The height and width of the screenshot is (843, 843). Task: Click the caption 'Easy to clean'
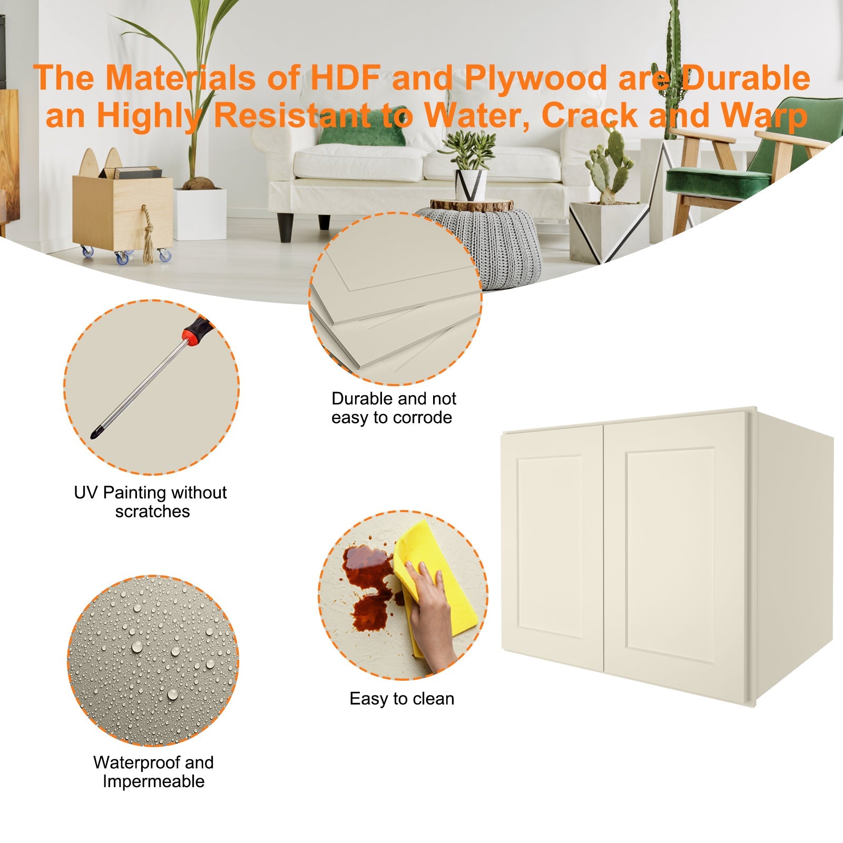pos(401,699)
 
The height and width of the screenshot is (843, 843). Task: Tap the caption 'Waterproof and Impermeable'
pos(153,772)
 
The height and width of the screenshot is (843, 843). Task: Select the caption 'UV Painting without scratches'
pos(151,502)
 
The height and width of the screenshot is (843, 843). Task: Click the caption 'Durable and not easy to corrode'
pos(393,408)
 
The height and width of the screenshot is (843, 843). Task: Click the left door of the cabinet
pos(551,548)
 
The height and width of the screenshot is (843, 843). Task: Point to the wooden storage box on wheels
pos(122,211)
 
